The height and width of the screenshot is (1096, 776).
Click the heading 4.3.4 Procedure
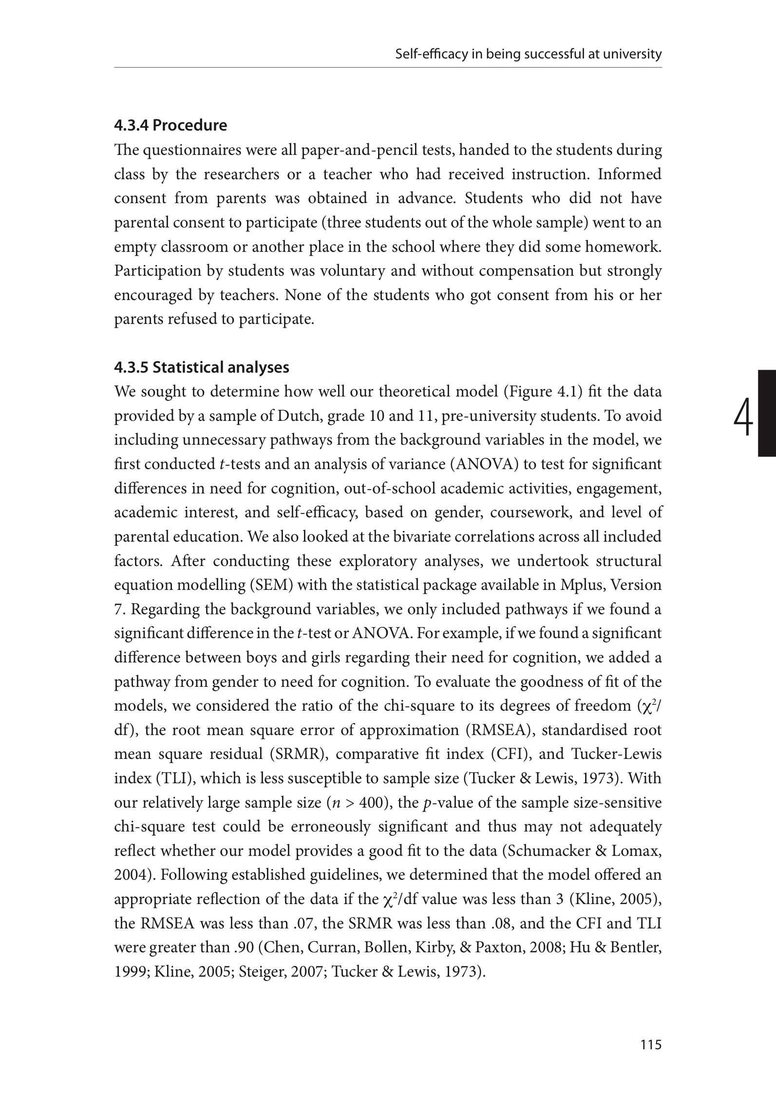point(170,126)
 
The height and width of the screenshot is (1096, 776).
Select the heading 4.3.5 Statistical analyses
point(202,367)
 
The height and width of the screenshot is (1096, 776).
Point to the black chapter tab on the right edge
point(767,413)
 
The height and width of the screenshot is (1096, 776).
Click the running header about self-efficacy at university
point(528,54)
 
